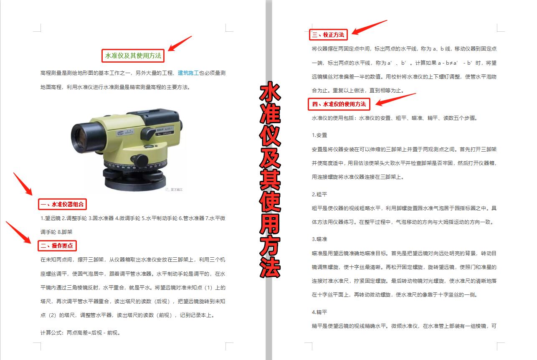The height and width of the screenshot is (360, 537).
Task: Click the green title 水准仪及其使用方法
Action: [133, 56]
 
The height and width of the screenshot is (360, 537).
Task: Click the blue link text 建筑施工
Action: [188, 73]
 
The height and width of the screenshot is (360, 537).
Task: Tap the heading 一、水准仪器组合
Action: [62, 204]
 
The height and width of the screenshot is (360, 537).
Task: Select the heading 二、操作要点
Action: [57, 246]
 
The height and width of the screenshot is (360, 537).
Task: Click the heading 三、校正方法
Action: [328, 35]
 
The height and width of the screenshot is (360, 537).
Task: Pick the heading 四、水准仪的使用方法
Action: [339, 104]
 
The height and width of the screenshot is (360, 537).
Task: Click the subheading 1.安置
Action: [319, 135]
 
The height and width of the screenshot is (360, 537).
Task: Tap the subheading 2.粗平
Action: [319, 194]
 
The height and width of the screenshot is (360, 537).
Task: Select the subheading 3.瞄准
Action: [319, 239]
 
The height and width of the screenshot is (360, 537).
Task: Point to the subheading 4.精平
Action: [319, 312]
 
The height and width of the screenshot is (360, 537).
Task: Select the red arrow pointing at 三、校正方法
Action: [369, 27]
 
